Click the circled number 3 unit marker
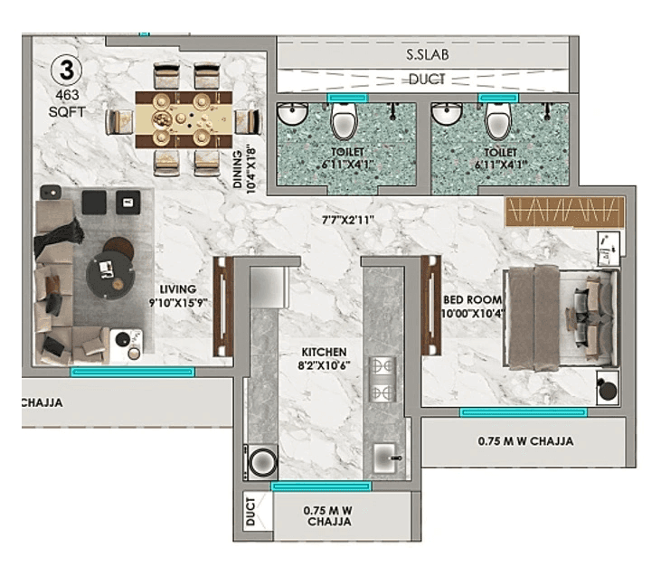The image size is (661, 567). [64, 69]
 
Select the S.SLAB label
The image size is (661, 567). [427, 55]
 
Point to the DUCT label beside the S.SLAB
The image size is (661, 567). [426, 80]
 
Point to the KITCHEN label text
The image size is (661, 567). [325, 351]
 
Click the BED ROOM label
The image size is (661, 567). [467, 299]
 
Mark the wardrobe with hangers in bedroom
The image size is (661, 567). [562, 213]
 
